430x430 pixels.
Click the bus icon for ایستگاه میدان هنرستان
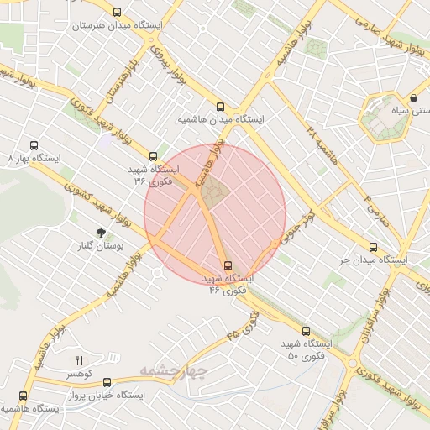116,13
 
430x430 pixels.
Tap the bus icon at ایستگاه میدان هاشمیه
220,107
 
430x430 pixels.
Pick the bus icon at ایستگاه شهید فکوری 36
153,155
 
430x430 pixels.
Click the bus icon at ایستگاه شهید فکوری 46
228,265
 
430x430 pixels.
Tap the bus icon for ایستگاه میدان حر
373,247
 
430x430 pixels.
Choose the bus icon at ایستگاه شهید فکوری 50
306,332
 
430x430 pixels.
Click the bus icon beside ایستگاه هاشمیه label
23,396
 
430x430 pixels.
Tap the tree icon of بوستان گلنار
101,232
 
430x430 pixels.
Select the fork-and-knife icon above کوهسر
80,359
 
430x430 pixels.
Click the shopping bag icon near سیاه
414,98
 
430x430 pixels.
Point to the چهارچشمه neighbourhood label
172,370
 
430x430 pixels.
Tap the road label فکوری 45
243,324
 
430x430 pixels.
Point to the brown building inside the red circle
213,192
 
